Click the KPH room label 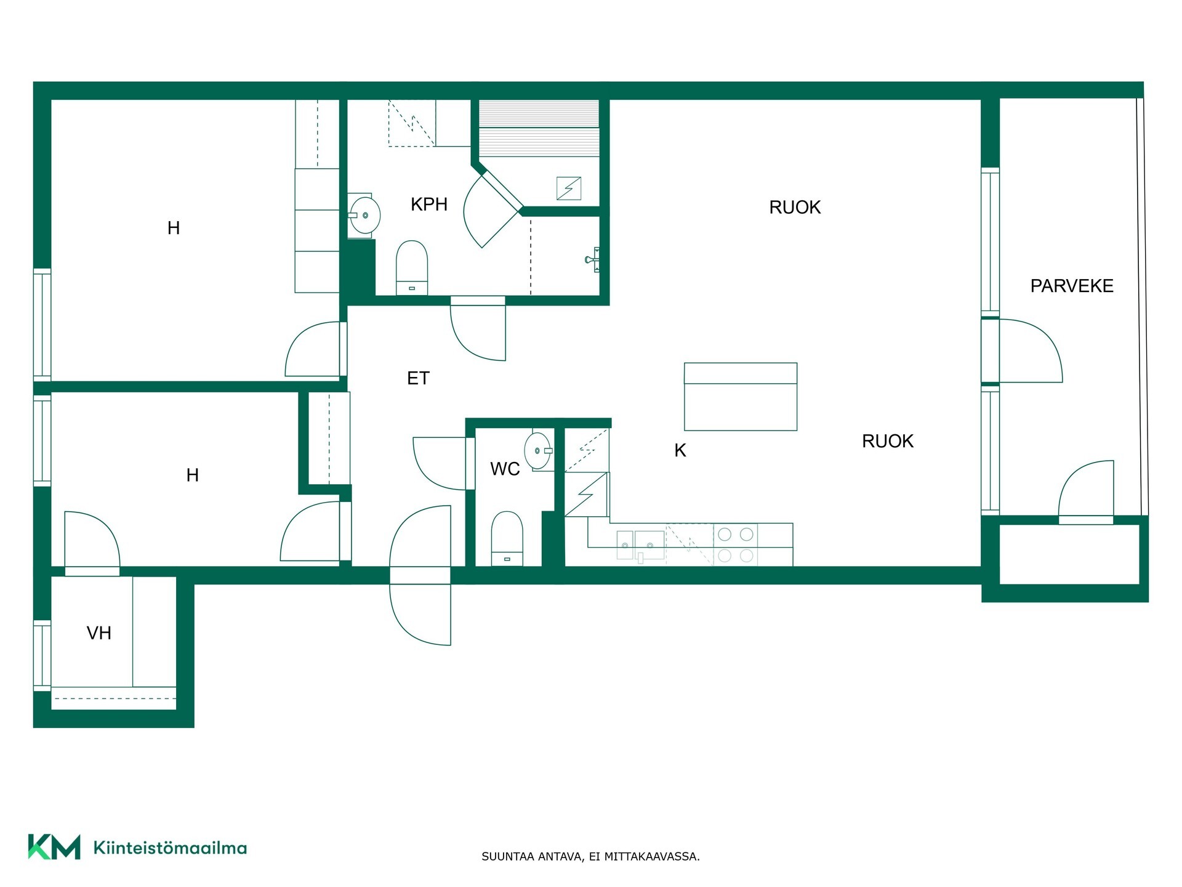click(429, 205)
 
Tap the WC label click(505, 469)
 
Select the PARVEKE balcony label click(1072, 286)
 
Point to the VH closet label click(99, 633)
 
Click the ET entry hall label click(418, 378)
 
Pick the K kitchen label click(680, 451)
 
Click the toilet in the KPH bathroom click(412, 268)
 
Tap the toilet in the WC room click(507, 538)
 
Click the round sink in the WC click(539, 451)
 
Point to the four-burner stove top click(736, 545)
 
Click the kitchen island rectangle click(741, 397)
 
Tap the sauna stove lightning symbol click(569, 188)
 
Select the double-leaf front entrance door click(420, 575)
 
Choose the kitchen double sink click(641, 545)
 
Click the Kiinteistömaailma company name click(170, 848)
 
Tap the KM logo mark click(54, 847)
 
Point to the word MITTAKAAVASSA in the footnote click(652, 857)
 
